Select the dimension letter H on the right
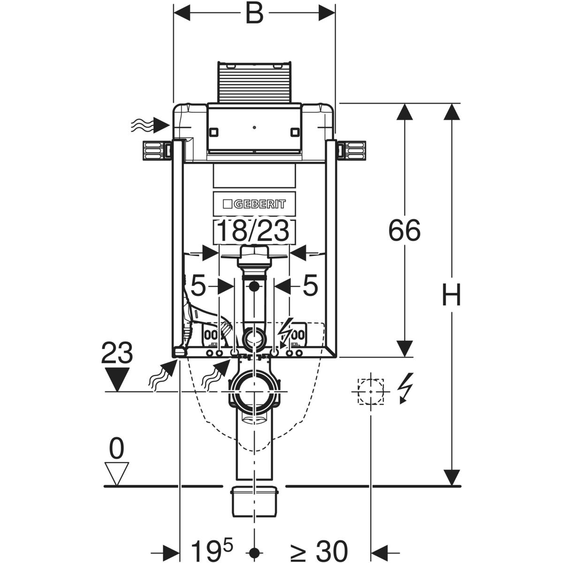(451, 295)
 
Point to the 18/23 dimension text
(255, 231)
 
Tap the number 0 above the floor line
(116, 449)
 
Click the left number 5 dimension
(198, 286)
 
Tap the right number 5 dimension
(310, 286)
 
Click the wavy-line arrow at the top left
(150, 125)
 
